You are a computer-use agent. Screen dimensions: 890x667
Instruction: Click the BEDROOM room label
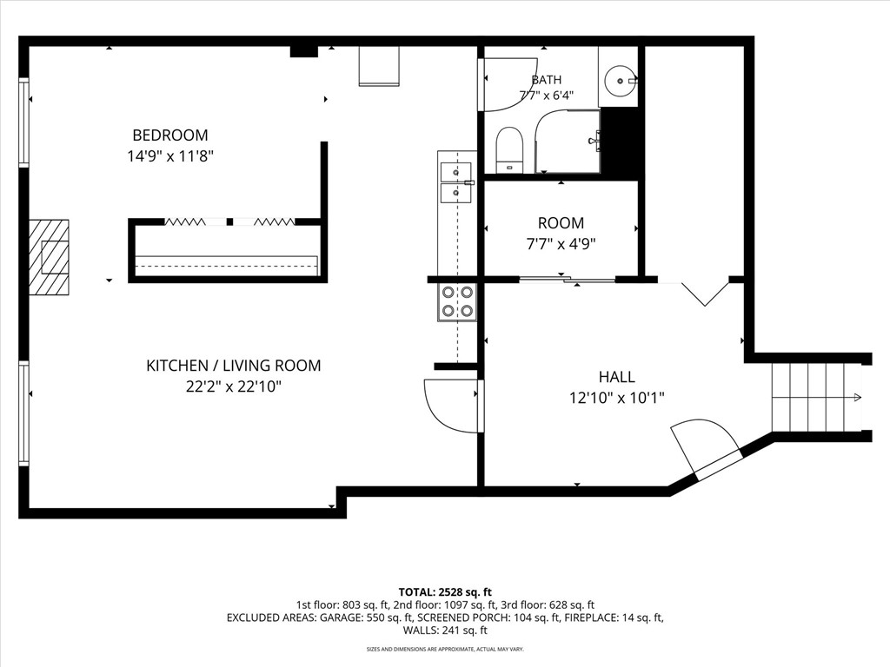170,135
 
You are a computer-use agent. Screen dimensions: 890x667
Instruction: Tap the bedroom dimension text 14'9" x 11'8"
170,156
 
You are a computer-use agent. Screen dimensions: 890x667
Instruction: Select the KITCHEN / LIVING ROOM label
234,366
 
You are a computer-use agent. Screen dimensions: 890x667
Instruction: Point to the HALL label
617,377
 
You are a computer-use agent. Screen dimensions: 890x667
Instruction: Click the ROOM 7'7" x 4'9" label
561,233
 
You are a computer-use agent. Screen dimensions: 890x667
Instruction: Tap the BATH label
547,80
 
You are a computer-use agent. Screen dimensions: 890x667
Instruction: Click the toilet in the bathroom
509,150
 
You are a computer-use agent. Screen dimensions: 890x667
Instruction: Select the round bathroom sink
619,82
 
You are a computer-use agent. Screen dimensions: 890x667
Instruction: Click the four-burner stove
457,301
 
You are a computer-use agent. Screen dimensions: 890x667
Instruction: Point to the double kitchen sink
456,182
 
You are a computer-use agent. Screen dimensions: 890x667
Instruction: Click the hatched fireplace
49,257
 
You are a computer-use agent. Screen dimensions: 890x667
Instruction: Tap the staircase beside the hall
817,398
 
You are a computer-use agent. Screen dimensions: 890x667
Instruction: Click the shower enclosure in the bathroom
568,142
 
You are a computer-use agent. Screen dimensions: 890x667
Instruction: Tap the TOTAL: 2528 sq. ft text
445,592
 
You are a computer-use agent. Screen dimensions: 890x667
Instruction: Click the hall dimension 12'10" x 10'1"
617,398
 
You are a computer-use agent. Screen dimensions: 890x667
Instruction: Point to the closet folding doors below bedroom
229,221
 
